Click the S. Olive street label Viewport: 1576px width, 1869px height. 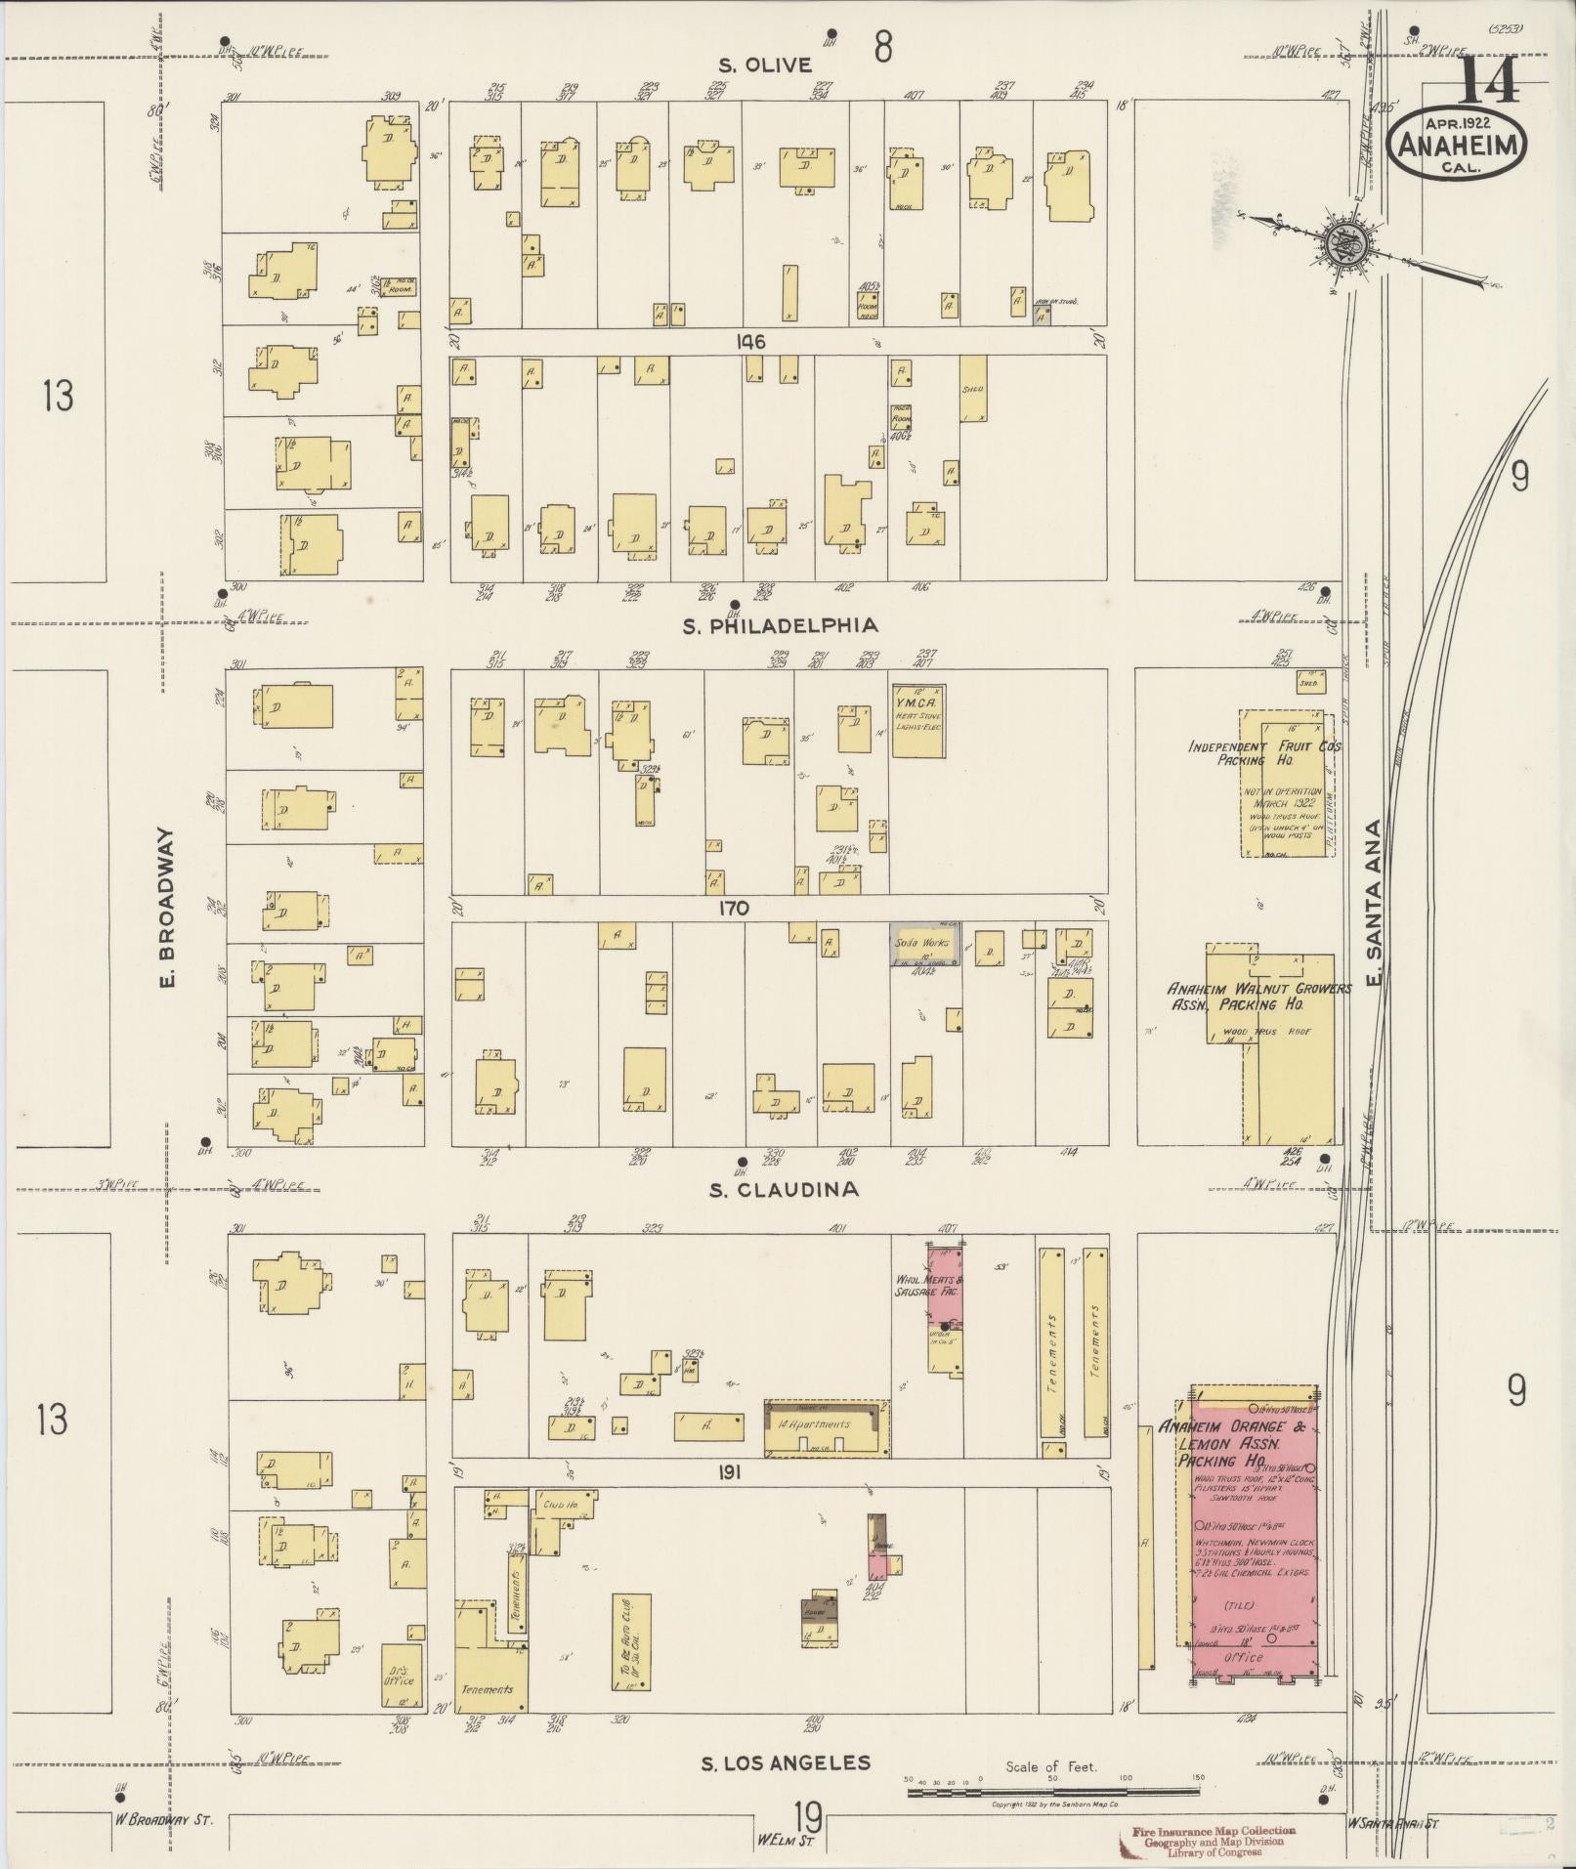click(765, 65)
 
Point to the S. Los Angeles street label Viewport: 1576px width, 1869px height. click(786, 1763)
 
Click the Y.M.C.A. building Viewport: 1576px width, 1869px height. click(917, 720)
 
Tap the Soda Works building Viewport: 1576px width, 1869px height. click(923, 945)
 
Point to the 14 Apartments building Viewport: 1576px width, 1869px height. click(827, 1427)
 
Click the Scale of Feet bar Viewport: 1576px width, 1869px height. click(1053, 1792)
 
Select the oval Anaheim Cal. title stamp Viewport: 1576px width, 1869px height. click(1457, 144)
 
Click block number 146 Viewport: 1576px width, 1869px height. click(751, 342)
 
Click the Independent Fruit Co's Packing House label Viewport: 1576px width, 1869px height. click(1264, 752)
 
